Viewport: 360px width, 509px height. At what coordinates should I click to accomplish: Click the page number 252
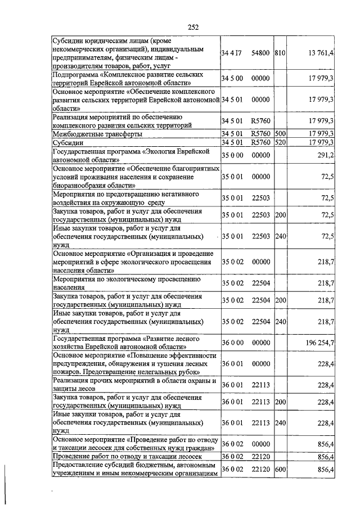click(x=193, y=26)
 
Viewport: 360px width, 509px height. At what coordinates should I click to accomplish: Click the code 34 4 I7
click(x=232, y=53)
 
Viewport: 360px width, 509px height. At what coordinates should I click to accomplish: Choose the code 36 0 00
click(x=232, y=343)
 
